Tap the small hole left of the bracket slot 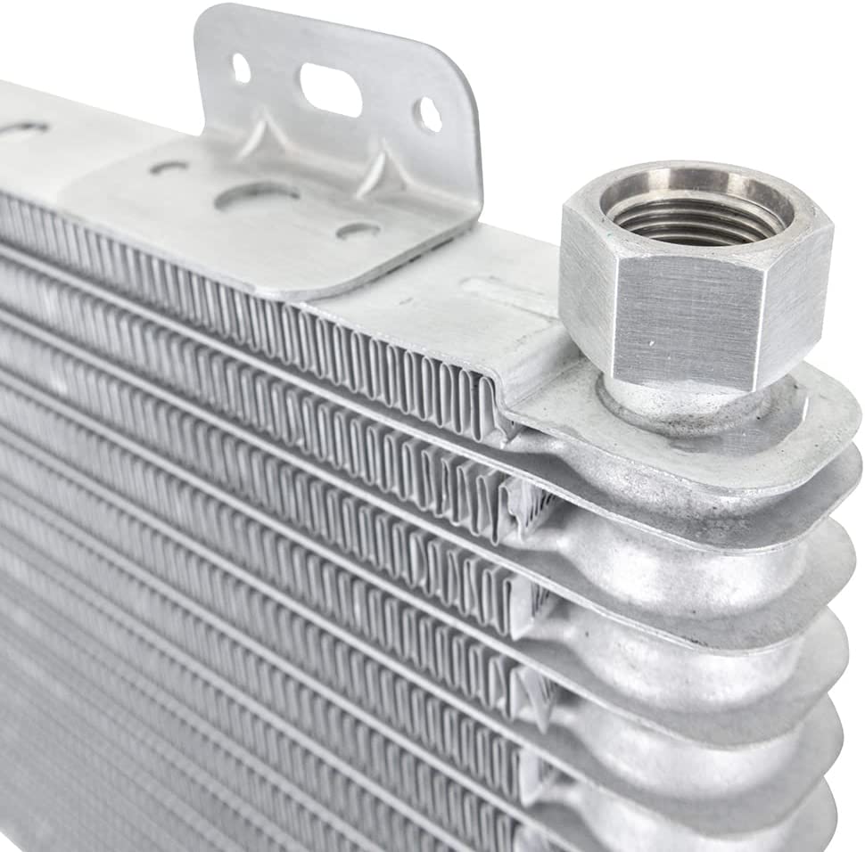tap(241, 68)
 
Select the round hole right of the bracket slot tap(428, 114)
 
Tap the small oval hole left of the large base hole tap(169, 167)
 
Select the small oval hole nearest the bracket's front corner tap(357, 231)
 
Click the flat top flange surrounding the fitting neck tap(803, 419)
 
